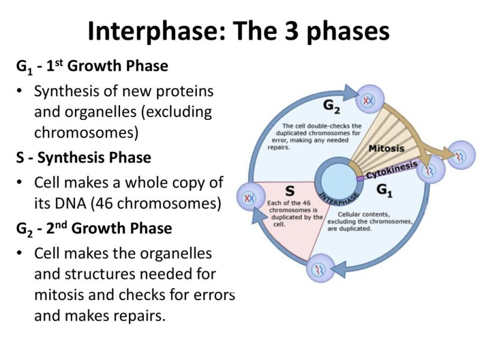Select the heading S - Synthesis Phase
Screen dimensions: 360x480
[83, 158]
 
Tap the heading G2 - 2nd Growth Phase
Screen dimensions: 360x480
[94, 229]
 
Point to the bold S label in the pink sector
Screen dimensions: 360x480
[289, 190]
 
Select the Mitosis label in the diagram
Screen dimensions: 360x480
[386, 148]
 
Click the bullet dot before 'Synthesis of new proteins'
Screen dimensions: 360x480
[21, 92]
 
